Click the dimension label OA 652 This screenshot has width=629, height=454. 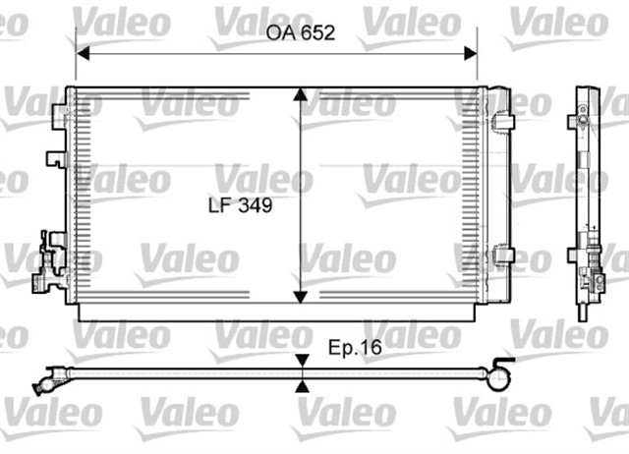[301, 32]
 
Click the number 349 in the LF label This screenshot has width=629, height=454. [255, 206]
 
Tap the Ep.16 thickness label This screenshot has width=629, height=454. [355, 347]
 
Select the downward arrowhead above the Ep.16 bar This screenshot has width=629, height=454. [301, 362]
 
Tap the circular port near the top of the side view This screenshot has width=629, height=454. [583, 123]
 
